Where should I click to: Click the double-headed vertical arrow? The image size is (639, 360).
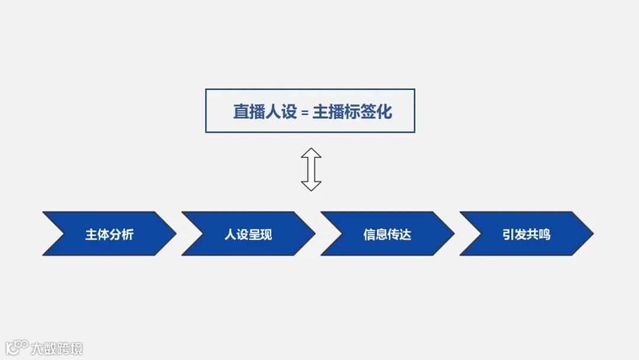coord(311,169)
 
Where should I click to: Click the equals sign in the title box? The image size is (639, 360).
coord(305,112)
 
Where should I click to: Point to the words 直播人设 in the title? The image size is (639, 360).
coord(264,111)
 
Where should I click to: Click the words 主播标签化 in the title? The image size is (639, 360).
coord(352,111)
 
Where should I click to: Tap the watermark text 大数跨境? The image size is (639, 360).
coord(57,348)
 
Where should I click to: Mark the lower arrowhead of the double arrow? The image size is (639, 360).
coord(311,185)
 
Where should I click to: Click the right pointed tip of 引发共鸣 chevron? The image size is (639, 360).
coord(591,234)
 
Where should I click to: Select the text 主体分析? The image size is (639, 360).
coord(109,234)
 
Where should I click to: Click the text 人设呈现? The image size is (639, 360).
coord(248,234)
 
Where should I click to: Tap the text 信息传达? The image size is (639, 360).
coord(388,234)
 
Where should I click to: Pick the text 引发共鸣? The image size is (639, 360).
coord(527,234)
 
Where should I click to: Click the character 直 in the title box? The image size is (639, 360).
coord(240,111)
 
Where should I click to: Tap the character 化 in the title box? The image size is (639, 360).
coord(385,111)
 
